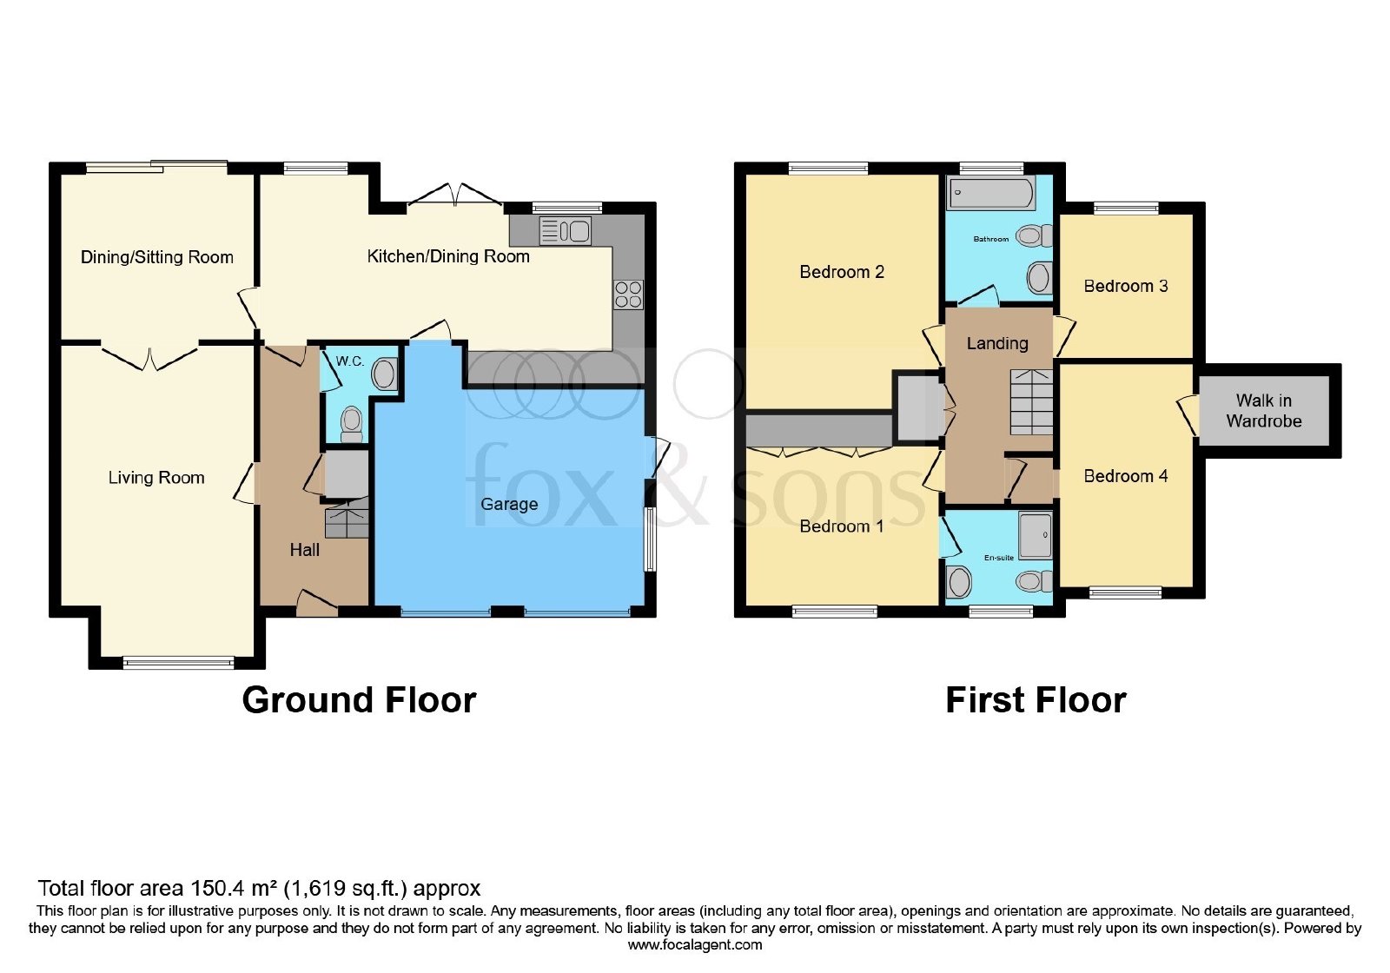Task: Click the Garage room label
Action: pos(509,504)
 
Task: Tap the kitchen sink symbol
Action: pos(565,231)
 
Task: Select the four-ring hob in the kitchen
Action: pos(628,295)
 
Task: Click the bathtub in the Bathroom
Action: pos(990,193)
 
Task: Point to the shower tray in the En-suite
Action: pos(1035,535)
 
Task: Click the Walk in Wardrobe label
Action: pos(1263,411)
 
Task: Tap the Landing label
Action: pos(997,343)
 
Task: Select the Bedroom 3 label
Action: pos(1126,286)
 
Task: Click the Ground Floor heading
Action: pos(359,700)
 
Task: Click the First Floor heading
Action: pos(1036,700)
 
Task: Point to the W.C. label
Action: pos(349,361)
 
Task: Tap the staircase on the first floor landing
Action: pos(1031,402)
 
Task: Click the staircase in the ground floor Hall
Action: pos(347,520)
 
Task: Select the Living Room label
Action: pos(156,478)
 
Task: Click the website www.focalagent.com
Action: pos(694,945)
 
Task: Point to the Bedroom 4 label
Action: pos(1126,476)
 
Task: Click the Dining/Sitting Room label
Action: pos(157,257)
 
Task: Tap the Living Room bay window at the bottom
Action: pos(179,664)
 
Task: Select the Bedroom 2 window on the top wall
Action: pos(829,169)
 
